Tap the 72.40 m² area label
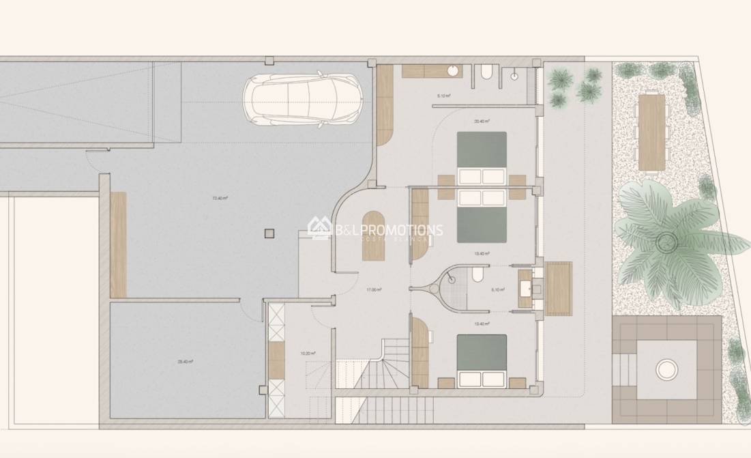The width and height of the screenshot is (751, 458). click(220, 199)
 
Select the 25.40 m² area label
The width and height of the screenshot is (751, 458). click(184, 362)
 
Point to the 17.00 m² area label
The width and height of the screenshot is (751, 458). click(373, 290)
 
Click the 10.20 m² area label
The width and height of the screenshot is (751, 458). click(308, 354)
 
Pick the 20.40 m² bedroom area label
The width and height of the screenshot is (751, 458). click(480, 121)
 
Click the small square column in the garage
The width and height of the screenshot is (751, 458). click(269, 233)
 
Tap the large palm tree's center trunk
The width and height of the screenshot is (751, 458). click(665, 240)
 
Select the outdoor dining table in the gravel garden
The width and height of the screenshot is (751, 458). click(651, 132)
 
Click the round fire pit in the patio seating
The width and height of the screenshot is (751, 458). click(666, 370)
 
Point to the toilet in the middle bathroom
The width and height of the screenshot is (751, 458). click(478, 274)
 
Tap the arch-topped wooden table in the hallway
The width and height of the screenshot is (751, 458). click(372, 236)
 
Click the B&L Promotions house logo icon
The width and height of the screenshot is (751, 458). click(319, 227)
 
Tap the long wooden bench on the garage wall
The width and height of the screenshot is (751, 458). click(118, 244)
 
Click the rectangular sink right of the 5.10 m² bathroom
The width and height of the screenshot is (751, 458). click(525, 289)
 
